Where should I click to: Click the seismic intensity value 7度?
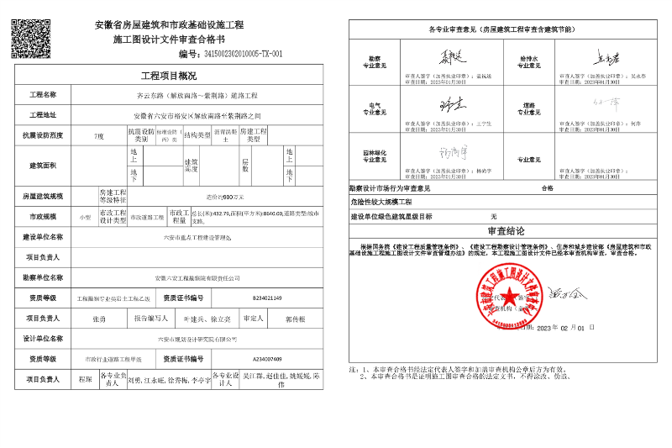98,135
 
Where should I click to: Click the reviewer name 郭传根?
295,319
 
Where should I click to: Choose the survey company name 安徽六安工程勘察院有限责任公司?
198,277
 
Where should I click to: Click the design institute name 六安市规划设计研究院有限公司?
198,339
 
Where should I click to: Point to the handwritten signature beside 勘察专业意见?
442,59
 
